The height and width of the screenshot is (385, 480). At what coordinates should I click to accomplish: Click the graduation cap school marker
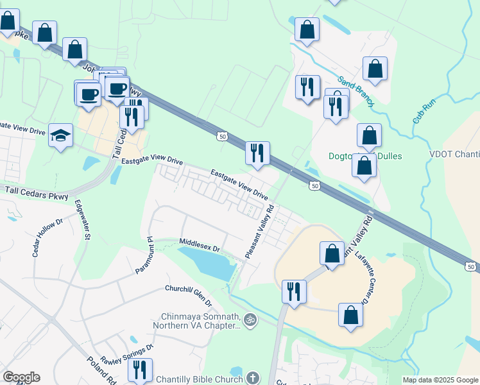(x=61, y=135)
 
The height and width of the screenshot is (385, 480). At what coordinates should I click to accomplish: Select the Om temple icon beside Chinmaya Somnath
(x=250, y=319)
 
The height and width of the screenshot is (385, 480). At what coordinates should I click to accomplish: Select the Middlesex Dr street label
(x=200, y=248)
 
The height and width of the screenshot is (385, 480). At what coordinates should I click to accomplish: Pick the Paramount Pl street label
(x=142, y=255)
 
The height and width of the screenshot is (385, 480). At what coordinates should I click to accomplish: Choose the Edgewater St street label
(x=83, y=220)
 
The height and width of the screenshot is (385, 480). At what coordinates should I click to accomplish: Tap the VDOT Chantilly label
(x=454, y=154)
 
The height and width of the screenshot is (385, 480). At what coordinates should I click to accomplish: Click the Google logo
(x=21, y=377)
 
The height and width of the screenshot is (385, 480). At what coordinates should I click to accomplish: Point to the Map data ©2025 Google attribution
(x=440, y=380)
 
